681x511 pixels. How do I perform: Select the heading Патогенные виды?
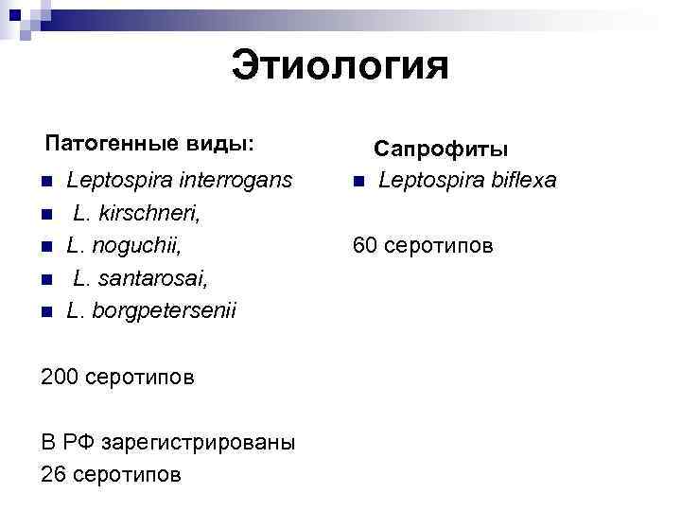pyautogui.click(x=149, y=144)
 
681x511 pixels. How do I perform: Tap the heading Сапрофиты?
pyautogui.click(x=441, y=149)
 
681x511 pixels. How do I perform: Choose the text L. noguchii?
pyautogui.click(x=123, y=246)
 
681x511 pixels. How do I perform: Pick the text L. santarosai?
pyautogui.click(x=140, y=278)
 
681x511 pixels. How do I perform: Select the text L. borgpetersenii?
pyautogui.click(x=151, y=310)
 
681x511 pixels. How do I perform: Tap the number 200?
pyautogui.click(x=60, y=377)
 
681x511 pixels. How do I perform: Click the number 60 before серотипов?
pyautogui.click(x=365, y=246)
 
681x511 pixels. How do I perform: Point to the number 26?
pyautogui.click(x=53, y=473)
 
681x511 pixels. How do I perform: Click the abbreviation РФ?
pyautogui.click(x=79, y=441)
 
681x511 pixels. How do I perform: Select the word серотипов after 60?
pyautogui.click(x=436, y=246)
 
